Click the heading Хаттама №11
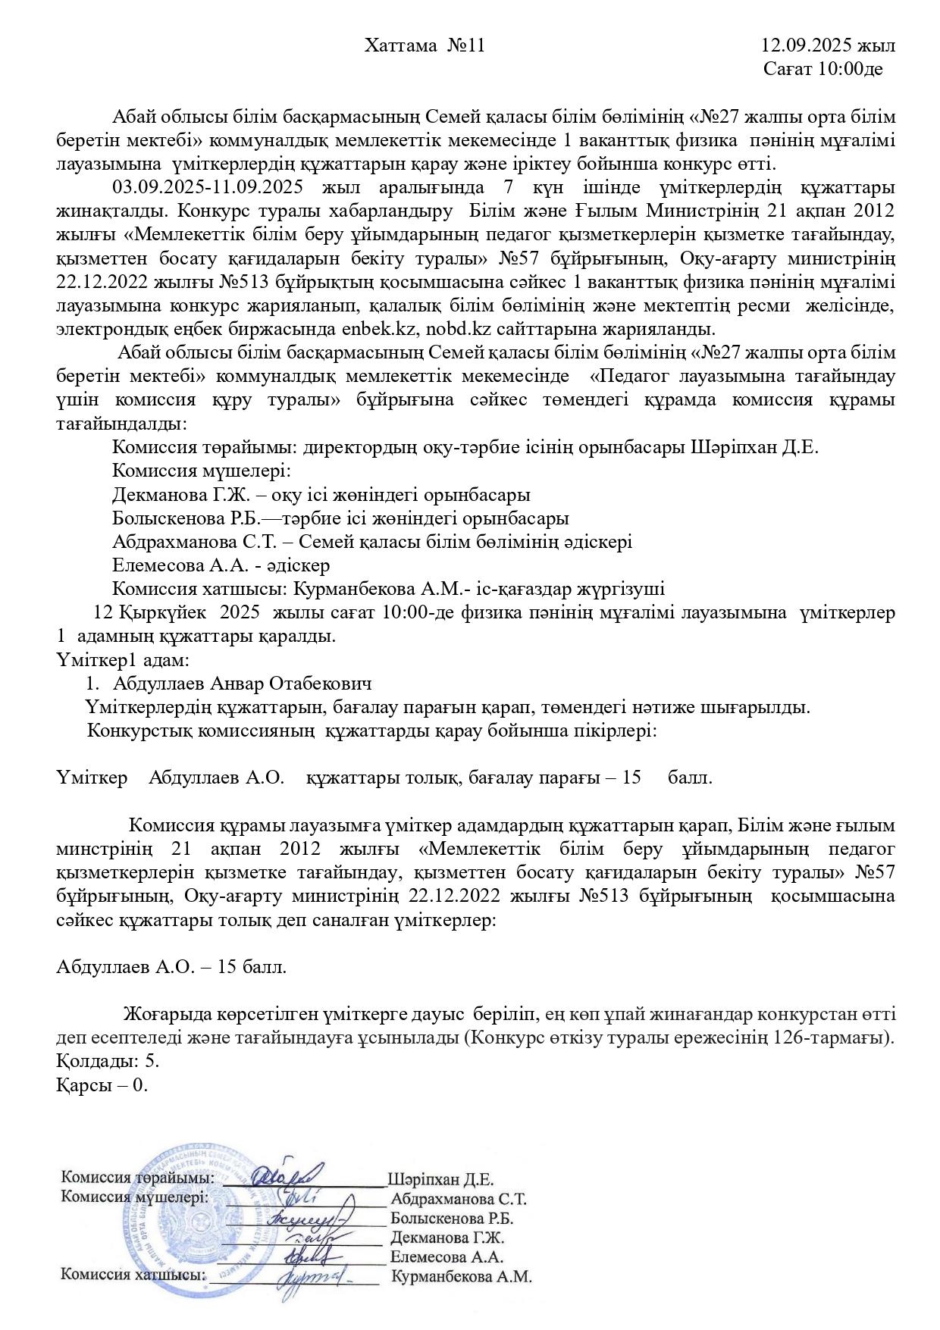point(424,46)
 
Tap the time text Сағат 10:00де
point(822,70)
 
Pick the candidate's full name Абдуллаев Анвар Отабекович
point(242,684)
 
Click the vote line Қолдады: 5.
point(108,1061)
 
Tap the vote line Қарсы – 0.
point(102,1084)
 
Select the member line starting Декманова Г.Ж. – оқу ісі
point(321,495)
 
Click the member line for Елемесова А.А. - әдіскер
point(221,565)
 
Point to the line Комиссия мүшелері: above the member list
point(202,471)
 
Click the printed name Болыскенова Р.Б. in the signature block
point(452,1219)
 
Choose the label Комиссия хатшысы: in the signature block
point(133,1275)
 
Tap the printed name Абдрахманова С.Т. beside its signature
point(458,1199)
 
